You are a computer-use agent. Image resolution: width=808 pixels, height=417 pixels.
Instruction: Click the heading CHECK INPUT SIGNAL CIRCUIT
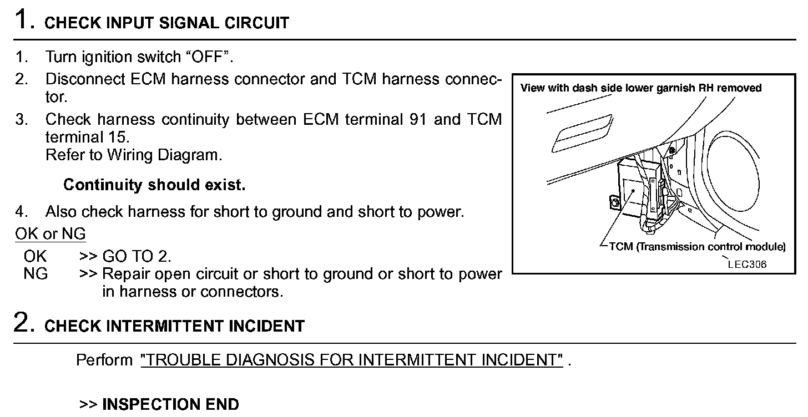[166, 23]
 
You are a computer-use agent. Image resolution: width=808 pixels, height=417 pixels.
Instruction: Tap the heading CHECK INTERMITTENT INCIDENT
[174, 326]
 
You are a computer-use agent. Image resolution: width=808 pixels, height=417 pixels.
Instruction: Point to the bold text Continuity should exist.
[154, 185]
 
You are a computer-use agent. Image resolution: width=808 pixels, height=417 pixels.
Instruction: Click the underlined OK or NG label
[50, 234]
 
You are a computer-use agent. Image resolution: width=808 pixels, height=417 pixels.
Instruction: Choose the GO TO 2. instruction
[137, 256]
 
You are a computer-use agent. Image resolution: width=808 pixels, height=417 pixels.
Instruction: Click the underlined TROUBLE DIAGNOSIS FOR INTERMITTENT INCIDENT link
[352, 360]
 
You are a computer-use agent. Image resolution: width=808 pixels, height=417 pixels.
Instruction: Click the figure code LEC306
[747, 264]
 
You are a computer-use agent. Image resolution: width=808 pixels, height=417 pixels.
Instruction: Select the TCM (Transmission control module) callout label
[697, 247]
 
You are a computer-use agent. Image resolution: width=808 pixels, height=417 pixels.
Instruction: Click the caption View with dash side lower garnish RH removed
[641, 88]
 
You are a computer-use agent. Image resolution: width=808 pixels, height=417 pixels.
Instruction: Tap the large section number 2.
[22, 322]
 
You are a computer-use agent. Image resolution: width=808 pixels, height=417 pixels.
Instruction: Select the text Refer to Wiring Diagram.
[134, 155]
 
